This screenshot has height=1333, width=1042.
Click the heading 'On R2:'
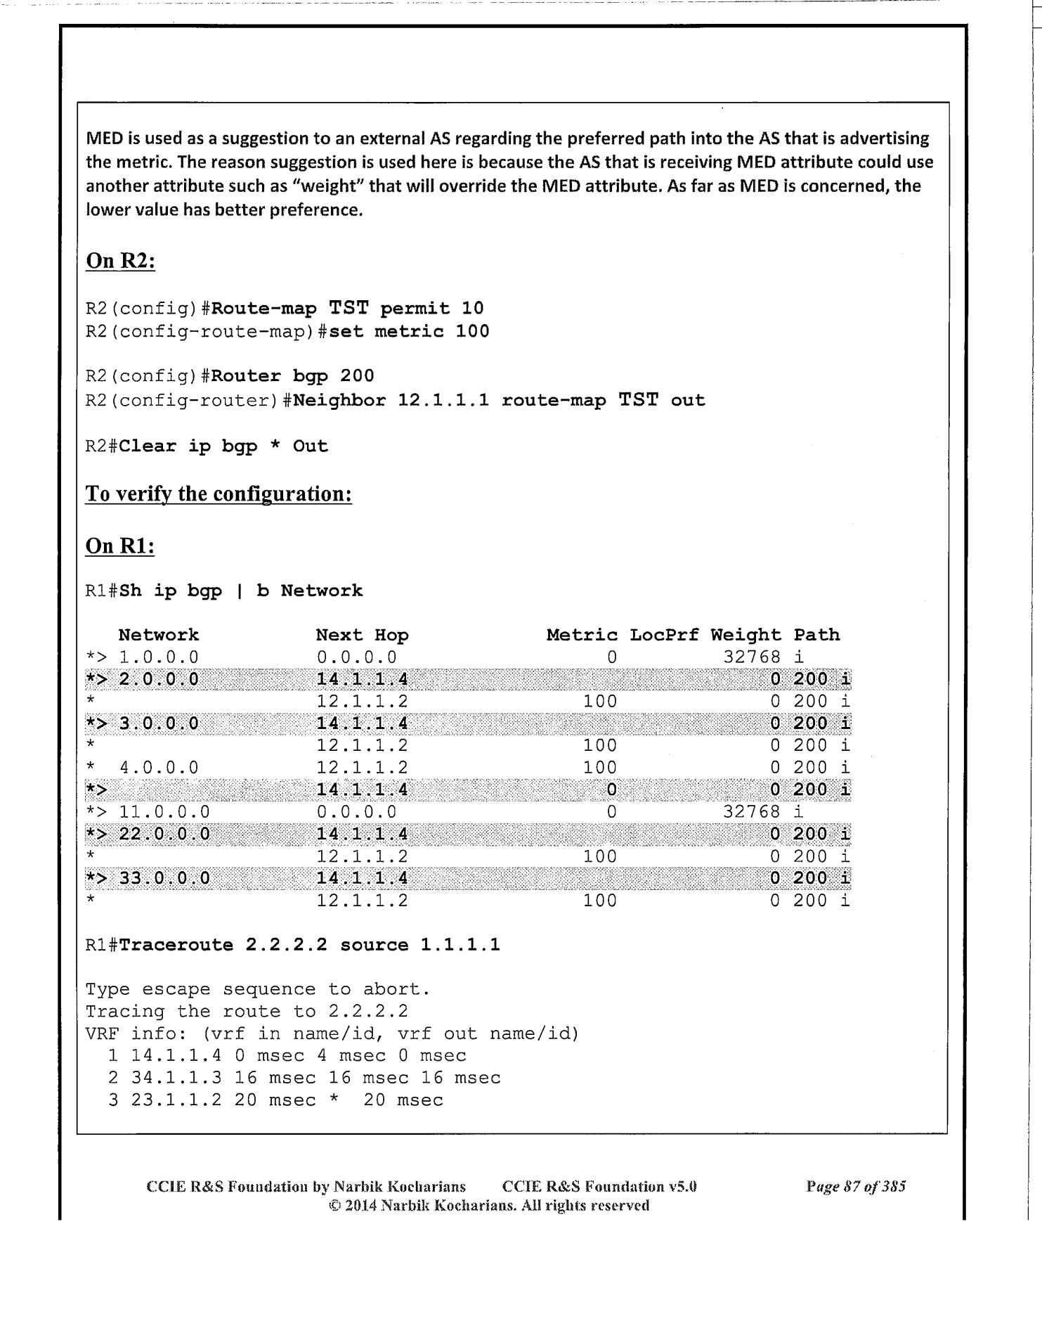click(x=120, y=261)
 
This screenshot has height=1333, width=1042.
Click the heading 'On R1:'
click(x=119, y=546)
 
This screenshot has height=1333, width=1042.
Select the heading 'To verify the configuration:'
click(x=219, y=494)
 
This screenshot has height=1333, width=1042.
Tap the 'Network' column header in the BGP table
click(x=158, y=635)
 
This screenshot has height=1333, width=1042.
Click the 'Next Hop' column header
click(x=362, y=635)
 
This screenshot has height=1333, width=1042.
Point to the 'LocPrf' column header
click(x=664, y=635)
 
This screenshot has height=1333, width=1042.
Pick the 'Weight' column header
click(x=745, y=635)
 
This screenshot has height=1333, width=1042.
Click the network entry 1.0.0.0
click(x=159, y=657)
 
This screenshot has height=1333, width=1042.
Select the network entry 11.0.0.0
click(x=164, y=812)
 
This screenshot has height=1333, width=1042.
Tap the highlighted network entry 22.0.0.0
click(x=164, y=835)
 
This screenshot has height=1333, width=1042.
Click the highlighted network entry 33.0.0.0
click(x=164, y=878)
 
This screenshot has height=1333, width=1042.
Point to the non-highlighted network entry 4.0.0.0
click(x=159, y=768)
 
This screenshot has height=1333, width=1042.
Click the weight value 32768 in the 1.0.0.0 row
click(x=752, y=657)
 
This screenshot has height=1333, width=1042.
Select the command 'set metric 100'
click(x=409, y=331)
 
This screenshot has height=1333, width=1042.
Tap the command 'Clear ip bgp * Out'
click(x=223, y=446)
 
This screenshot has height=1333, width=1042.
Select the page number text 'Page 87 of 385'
click(x=856, y=1187)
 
